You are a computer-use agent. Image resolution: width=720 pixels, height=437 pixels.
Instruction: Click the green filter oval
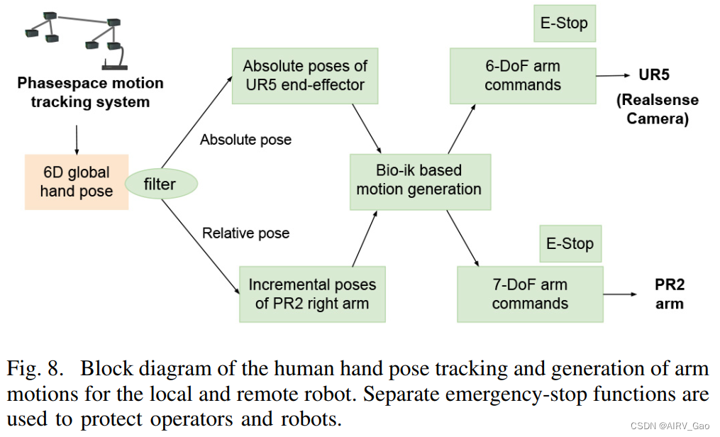[x=160, y=184]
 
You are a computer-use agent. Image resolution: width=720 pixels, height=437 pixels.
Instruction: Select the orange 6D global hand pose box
[x=77, y=182]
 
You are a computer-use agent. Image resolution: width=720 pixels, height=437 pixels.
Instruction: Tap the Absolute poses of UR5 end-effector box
[x=305, y=76]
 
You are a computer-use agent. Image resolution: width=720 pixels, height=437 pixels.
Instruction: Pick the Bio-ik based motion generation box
[x=419, y=180]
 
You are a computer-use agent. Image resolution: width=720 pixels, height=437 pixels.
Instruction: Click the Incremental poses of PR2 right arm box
[x=312, y=294]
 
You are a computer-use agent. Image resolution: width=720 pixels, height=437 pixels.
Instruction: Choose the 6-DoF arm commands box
[x=522, y=76]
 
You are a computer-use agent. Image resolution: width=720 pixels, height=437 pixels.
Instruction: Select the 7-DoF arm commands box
[x=530, y=294]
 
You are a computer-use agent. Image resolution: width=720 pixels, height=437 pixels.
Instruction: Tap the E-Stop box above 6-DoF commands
[x=564, y=23]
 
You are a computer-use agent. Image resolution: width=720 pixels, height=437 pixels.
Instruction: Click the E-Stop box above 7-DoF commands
[x=570, y=244]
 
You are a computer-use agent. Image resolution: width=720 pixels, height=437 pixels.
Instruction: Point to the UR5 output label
[x=654, y=74]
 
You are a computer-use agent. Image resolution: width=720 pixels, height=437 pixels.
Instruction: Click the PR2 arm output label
[x=670, y=294]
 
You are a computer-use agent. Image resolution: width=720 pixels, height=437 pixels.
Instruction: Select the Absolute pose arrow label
[x=245, y=140]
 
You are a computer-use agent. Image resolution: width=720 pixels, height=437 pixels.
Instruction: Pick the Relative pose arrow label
[x=245, y=233]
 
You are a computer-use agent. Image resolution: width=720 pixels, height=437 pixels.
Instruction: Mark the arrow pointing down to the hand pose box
[x=76, y=139]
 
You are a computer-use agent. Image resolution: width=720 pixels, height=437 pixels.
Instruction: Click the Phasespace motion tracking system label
[x=90, y=92]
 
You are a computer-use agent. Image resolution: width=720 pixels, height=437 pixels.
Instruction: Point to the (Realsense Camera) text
[x=658, y=109]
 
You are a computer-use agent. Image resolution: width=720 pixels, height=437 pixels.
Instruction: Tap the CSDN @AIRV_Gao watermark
[x=671, y=424]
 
